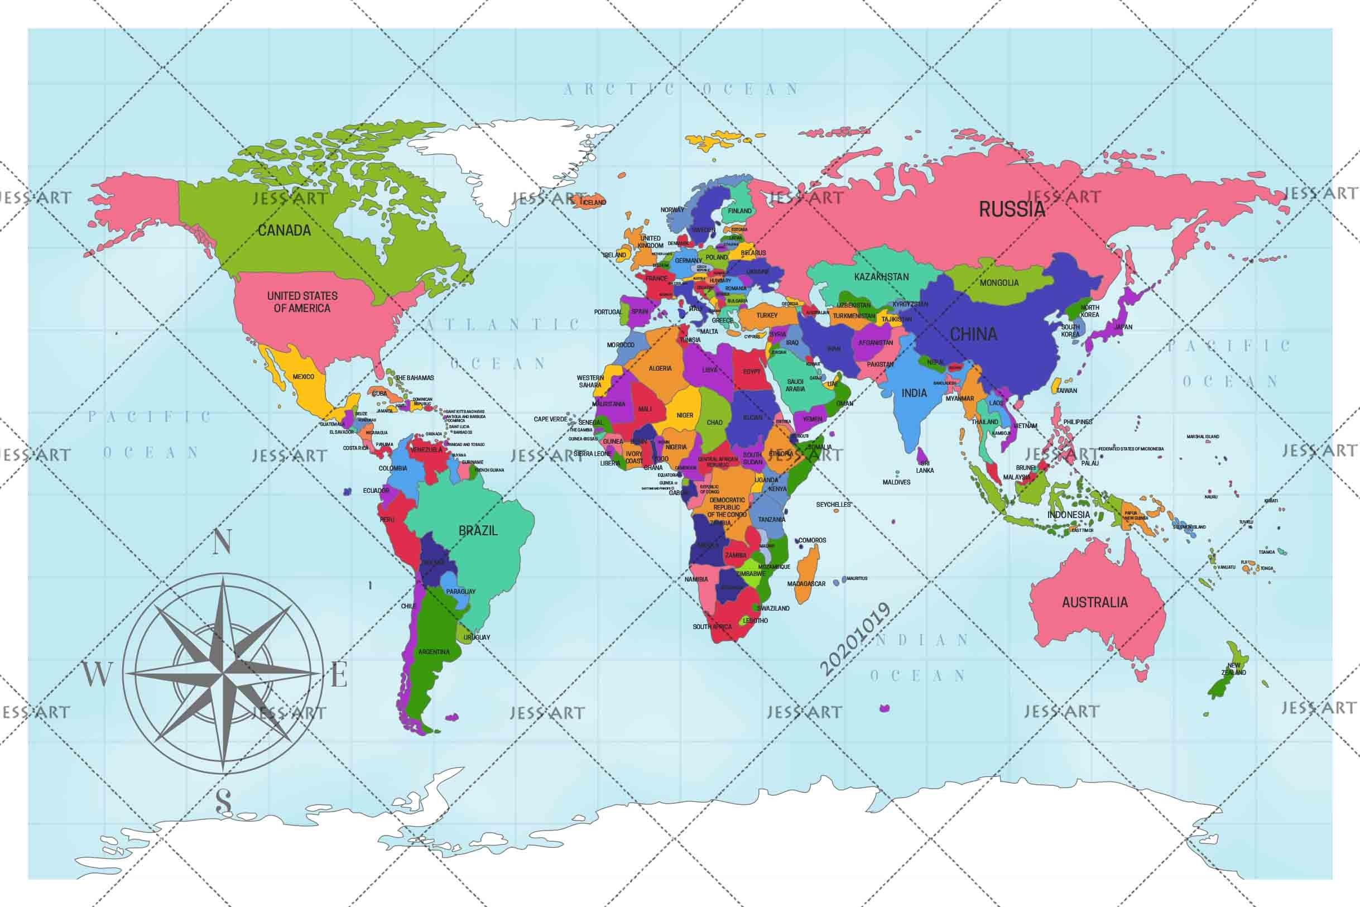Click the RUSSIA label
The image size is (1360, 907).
tap(1011, 209)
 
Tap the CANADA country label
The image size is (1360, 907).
tap(284, 230)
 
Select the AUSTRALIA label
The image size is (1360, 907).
tap(1094, 602)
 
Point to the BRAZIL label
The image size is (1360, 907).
tap(478, 530)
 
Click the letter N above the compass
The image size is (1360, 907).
tap(223, 542)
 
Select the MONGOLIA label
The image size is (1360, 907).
tap(999, 283)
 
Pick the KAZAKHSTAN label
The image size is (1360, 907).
tap(881, 277)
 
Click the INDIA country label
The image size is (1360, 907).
tap(914, 393)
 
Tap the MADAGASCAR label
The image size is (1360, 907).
tap(806, 584)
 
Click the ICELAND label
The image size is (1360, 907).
tap(594, 203)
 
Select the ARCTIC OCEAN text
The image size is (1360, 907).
tap(681, 89)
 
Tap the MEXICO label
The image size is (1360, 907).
tap(303, 377)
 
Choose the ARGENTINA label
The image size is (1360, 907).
tap(434, 652)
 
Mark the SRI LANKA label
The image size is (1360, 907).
tap(925, 467)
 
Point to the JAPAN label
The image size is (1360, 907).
tap(1123, 327)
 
